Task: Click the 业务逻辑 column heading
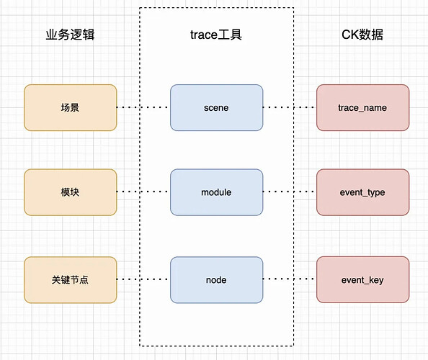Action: pos(70,35)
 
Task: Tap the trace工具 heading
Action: pos(216,35)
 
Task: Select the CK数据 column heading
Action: pos(362,35)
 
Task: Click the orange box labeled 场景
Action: pos(71,108)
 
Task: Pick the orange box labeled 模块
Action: pos(71,192)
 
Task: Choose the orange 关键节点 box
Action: pos(71,280)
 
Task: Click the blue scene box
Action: pos(216,108)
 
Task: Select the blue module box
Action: pos(216,192)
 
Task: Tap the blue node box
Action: pos(216,280)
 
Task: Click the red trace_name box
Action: pos(362,108)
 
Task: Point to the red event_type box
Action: pos(362,192)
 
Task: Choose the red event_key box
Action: pos(362,279)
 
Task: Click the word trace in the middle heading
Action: pos(204,35)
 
